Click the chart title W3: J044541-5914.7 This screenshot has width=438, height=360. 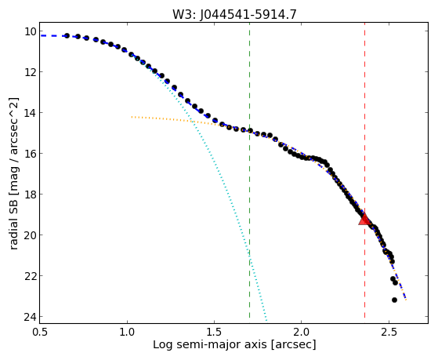234,14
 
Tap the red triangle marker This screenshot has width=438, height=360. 364,220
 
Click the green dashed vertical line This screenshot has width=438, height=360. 249,173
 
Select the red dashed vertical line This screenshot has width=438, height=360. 364,173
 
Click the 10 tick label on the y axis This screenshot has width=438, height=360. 31,31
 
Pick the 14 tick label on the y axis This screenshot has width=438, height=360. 31,113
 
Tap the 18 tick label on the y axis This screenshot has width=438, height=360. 31,195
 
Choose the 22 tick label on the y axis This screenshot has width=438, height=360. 31,276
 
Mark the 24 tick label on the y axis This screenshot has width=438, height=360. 31,317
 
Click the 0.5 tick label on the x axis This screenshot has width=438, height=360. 40,332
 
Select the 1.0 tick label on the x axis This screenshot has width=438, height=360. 127,332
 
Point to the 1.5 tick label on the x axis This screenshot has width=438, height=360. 214,332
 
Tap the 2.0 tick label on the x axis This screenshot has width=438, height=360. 302,332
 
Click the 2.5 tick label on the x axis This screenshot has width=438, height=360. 389,332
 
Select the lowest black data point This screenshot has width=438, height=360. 394,300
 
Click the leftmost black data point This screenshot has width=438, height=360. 67,35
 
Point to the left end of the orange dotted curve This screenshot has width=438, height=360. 132,117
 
